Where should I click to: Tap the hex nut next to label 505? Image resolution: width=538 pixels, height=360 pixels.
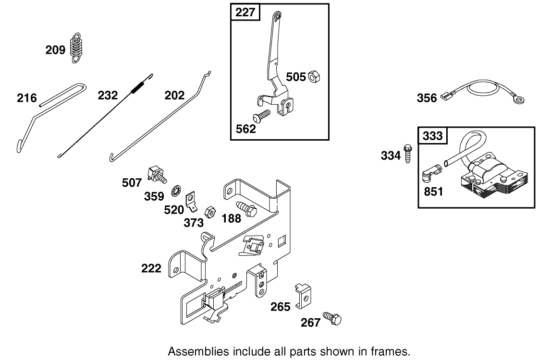[314, 76]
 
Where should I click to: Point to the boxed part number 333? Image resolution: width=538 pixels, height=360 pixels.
[432, 136]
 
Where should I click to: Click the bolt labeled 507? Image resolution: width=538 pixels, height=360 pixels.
[157, 173]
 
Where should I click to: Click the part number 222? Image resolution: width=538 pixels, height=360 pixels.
[151, 268]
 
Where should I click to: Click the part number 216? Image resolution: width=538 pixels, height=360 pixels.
[26, 98]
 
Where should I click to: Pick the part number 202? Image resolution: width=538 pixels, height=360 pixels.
[174, 96]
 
